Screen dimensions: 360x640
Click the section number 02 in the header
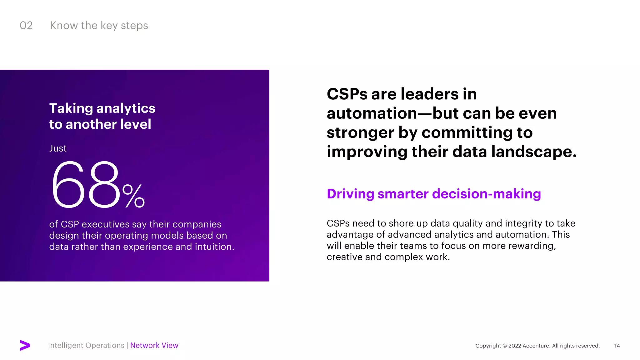point(26,26)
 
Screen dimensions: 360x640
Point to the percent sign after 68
point(133,196)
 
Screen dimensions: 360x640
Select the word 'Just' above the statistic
point(58,148)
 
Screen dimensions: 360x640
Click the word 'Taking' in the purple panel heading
point(71,108)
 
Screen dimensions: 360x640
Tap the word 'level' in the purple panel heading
point(136,124)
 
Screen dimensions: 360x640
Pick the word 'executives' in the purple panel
point(106,224)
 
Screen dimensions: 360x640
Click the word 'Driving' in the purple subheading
point(350,194)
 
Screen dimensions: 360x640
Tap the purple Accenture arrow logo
point(25,345)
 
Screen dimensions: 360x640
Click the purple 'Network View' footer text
point(154,345)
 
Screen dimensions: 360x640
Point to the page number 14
point(617,346)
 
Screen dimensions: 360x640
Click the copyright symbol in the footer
point(504,346)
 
